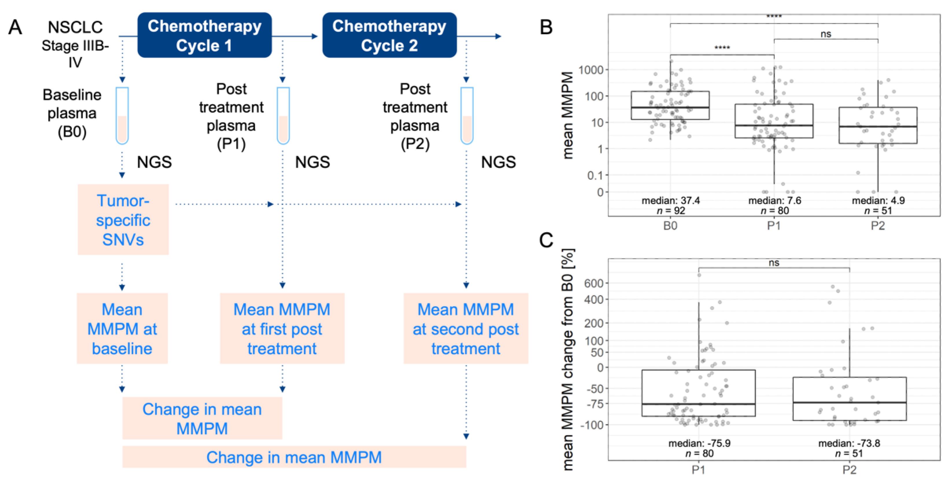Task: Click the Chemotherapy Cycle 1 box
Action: tap(204, 35)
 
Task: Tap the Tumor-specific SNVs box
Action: tap(123, 220)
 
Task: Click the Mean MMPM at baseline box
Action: tap(122, 328)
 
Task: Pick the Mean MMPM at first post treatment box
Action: tap(282, 328)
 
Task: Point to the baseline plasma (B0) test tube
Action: tap(122, 115)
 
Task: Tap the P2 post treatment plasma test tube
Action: tap(467, 115)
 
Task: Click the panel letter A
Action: tap(15, 27)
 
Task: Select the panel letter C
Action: tap(546, 240)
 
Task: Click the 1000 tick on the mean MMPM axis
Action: tap(591, 70)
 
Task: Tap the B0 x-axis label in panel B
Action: tap(670, 226)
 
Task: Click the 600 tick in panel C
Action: tap(594, 283)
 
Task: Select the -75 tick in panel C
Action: tap(594, 404)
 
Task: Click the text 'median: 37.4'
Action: tap(671, 200)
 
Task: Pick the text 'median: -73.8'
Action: tap(849, 443)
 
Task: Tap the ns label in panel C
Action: tap(774, 263)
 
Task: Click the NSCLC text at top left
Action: tap(75, 27)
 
